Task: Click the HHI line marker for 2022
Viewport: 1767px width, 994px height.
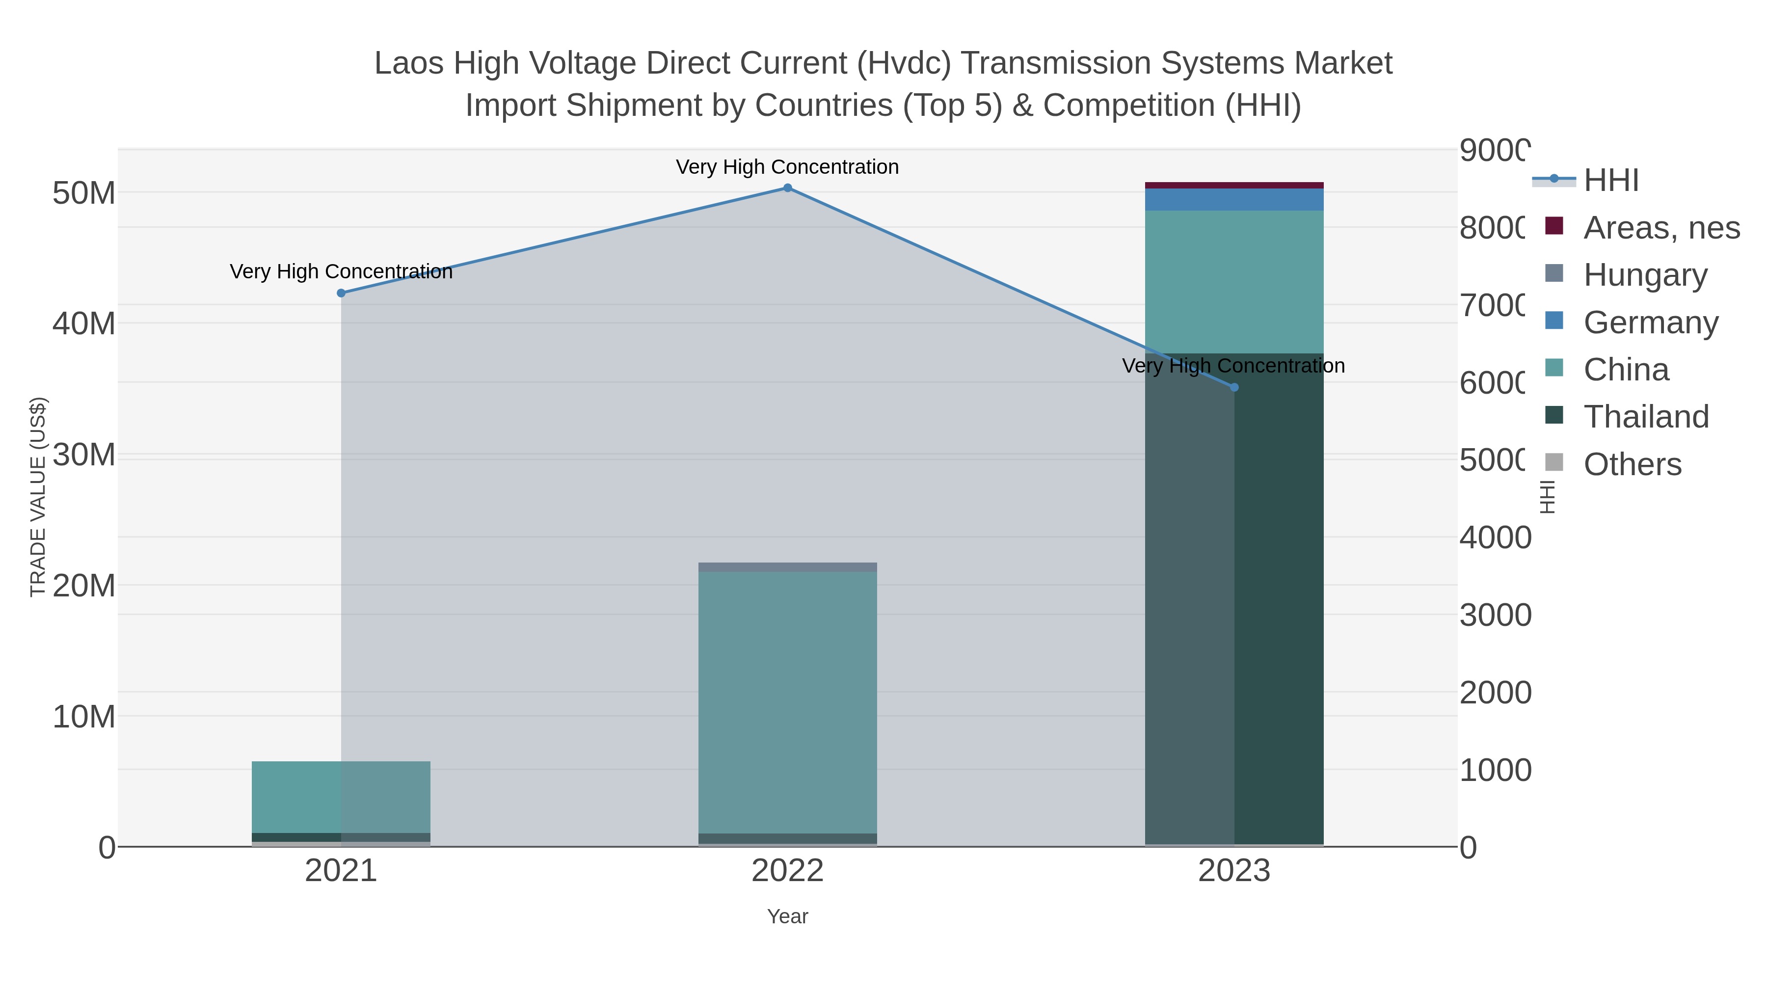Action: [x=787, y=188]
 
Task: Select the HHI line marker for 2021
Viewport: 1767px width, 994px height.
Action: [x=341, y=293]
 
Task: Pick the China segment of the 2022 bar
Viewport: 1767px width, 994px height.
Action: [x=787, y=699]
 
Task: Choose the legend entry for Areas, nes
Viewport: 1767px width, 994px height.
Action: [x=1660, y=228]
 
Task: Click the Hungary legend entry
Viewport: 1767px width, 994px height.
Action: [x=1644, y=275]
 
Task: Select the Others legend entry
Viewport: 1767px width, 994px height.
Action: [x=1632, y=464]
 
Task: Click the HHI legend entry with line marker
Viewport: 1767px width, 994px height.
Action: [x=1610, y=181]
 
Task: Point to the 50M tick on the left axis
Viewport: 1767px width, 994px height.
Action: [x=83, y=193]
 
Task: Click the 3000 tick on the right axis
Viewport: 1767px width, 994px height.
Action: [x=1495, y=616]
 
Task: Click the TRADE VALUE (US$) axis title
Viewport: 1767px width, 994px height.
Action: [x=38, y=497]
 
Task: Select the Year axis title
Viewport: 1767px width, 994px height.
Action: [x=787, y=916]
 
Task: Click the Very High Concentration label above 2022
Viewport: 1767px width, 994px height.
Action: [x=787, y=167]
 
